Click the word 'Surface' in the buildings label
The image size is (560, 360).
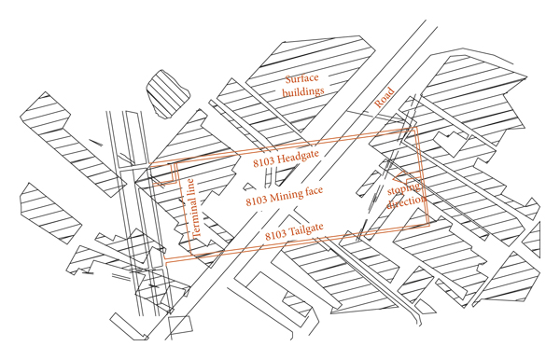point(301,79)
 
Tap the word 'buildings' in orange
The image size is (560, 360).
point(302,91)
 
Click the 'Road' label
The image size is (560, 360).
point(385,97)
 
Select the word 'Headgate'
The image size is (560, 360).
point(297,158)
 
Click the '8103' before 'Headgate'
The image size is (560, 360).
point(264,162)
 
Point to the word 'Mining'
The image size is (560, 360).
point(286,196)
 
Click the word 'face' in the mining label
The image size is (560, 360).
point(314,191)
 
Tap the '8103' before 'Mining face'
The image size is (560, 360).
point(257,201)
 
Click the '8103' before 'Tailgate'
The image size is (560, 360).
point(275,235)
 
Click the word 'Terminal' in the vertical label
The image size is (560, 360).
point(196,217)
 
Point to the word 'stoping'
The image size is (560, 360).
point(403,189)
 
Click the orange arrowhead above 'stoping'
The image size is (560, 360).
point(399,176)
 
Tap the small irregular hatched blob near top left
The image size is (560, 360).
point(168,94)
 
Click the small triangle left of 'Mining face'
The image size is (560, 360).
point(249,187)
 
